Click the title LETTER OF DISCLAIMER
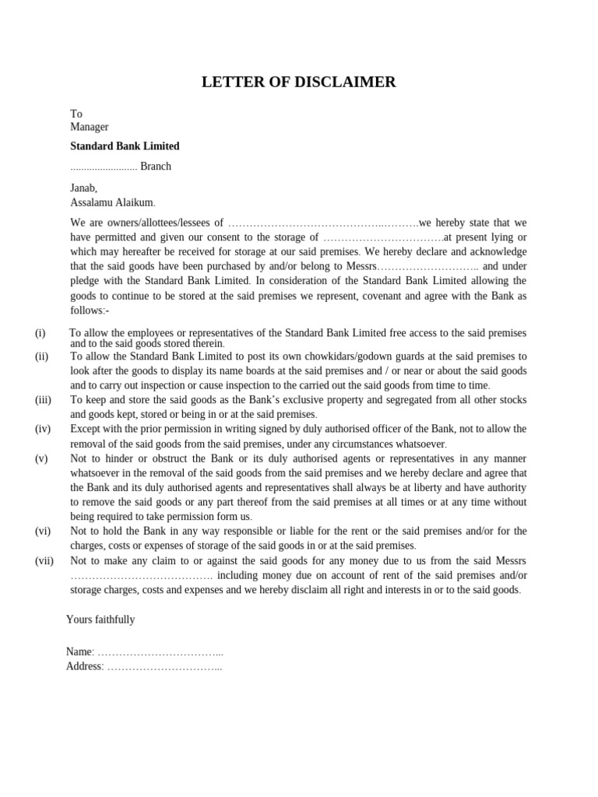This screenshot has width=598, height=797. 298,83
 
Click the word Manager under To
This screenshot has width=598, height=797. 90,127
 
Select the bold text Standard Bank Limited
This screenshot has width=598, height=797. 125,146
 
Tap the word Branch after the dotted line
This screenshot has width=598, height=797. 156,167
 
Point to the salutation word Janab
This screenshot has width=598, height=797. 84,188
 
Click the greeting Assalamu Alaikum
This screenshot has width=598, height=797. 113,202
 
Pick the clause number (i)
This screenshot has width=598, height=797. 40,333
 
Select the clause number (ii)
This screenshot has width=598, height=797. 41,356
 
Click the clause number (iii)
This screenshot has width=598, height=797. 43,400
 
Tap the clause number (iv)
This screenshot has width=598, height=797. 43,429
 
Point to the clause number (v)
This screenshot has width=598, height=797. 41,458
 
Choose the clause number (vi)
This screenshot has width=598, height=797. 43,531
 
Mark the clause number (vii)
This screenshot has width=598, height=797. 44,560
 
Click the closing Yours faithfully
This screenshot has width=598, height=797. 100,620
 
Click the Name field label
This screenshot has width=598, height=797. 79,651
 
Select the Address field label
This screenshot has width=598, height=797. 84,666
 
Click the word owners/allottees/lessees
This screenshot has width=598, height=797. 161,223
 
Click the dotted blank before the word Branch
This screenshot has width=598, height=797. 104,167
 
